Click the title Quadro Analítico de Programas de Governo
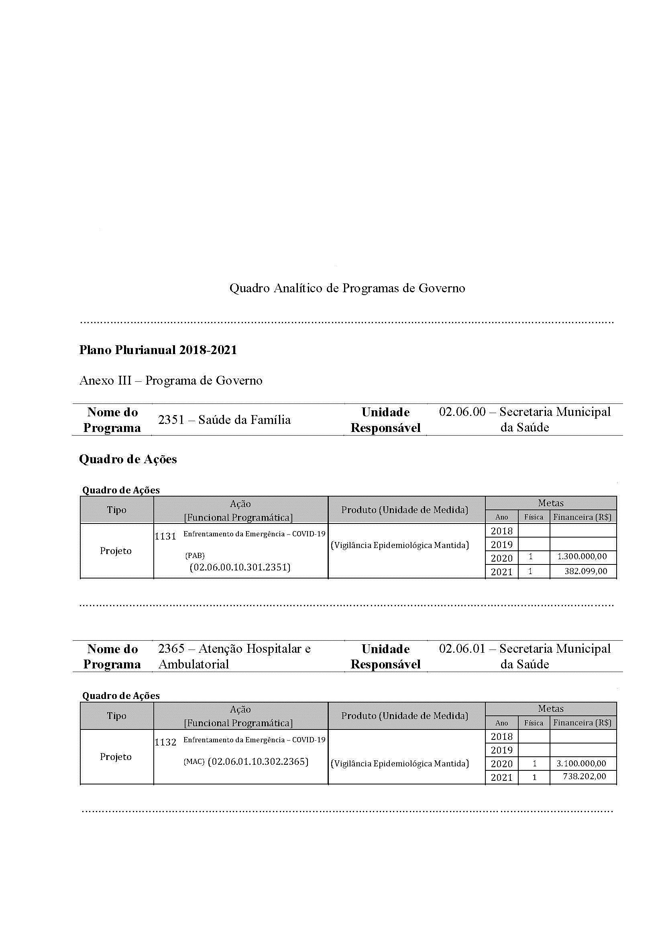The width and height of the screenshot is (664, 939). [347, 288]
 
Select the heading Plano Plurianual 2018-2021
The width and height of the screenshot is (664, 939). [158, 350]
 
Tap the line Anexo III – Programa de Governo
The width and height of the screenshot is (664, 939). [171, 381]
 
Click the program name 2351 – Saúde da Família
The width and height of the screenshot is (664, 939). [224, 420]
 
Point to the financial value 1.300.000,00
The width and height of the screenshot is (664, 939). [582, 556]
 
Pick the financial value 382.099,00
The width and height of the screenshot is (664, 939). [585, 571]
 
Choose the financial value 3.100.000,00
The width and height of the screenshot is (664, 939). [581, 764]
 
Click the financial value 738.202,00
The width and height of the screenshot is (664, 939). [584, 776]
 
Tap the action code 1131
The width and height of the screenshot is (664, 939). [165, 536]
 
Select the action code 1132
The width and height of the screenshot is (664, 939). [165, 742]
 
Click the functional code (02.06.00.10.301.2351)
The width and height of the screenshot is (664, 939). [240, 567]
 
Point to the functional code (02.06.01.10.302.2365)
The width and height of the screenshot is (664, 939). [258, 762]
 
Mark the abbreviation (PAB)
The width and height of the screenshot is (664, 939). [195, 556]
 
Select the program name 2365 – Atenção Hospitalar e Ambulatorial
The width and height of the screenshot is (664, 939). [234, 656]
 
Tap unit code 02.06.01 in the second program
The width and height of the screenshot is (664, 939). [462, 649]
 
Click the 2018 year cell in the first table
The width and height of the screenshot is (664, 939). [502, 531]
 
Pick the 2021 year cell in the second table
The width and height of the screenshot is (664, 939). [502, 778]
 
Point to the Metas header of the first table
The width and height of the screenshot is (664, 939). [551, 503]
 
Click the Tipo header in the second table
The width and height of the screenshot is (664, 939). [117, 716]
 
